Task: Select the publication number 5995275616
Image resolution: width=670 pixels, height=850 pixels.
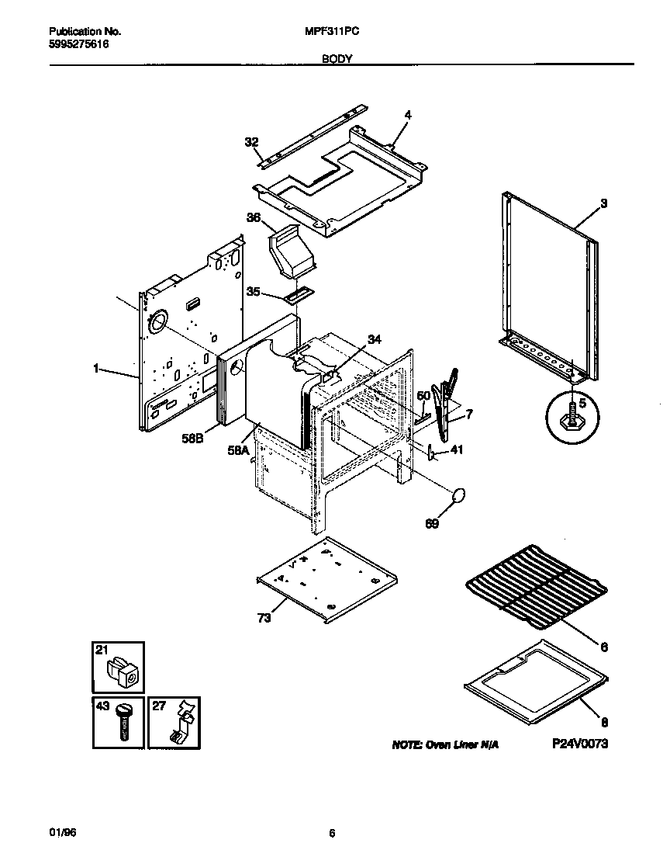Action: coord(78,45)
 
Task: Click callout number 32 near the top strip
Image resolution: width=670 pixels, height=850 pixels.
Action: coord(250,142)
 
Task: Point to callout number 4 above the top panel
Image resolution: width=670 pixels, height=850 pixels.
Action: coord(407,115)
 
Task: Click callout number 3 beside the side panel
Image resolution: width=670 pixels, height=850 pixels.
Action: coord(603,203)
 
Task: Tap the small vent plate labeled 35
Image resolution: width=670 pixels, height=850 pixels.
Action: coord(299,295)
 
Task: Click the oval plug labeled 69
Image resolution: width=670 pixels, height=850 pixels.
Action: coord(459,496)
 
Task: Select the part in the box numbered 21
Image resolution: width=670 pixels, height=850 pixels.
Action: coord(123,671)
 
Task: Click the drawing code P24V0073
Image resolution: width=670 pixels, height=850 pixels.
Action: coord(579,743)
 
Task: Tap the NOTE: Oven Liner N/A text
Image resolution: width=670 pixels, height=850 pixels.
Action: coord(445,744)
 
